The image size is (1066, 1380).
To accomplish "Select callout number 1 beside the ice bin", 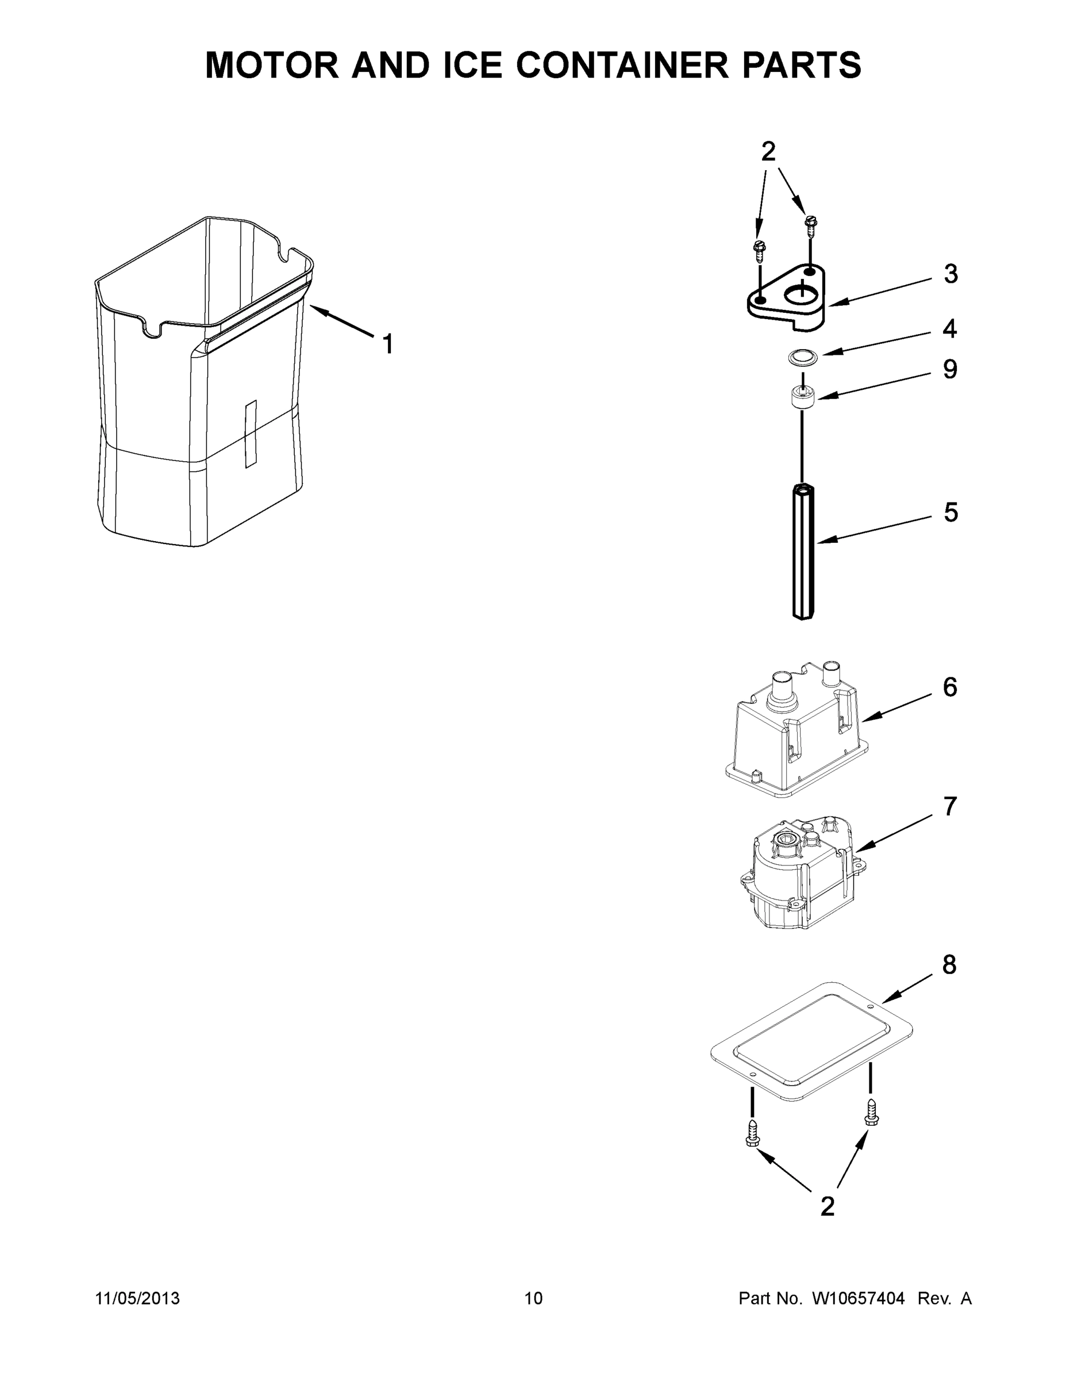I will (388, 344).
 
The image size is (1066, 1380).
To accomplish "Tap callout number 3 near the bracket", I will (950, 274).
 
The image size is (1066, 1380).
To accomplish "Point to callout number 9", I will (950, 370).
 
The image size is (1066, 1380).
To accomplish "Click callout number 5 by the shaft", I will (950, 512).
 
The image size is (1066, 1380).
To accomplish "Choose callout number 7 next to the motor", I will (950, 806).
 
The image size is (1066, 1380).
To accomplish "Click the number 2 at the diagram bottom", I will (828, 1206).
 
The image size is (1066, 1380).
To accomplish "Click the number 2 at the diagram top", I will (768, 152).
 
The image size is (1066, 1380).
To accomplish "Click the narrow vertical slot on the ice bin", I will (251, 434).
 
